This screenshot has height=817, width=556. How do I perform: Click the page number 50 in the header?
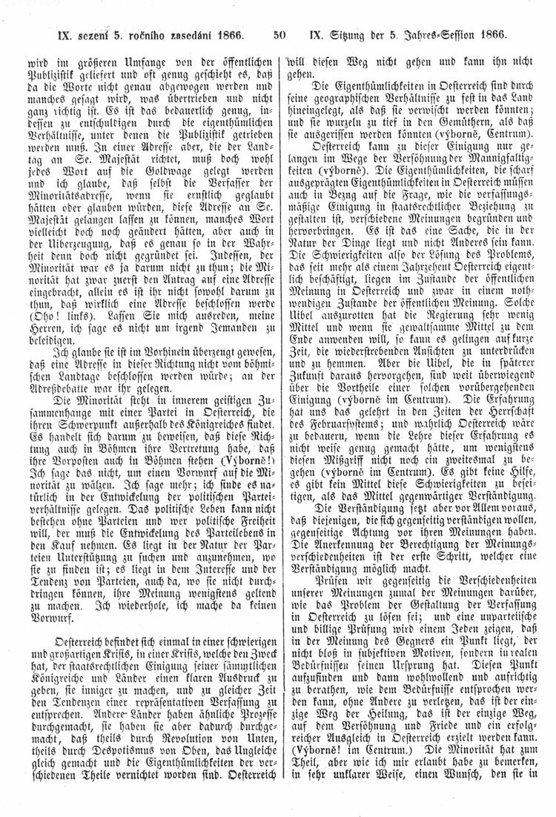tap(279, 33)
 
